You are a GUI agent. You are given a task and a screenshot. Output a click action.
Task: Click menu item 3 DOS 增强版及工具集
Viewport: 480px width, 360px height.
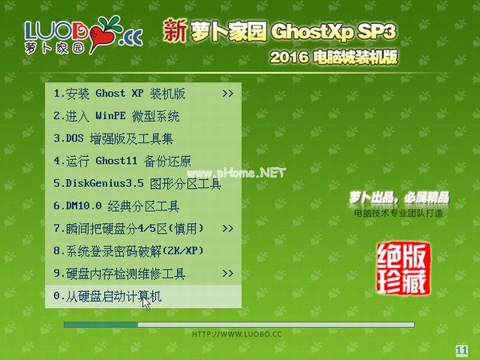[x=120, y=138]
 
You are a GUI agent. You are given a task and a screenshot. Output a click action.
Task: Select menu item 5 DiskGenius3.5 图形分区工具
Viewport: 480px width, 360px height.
[x=137, y=183]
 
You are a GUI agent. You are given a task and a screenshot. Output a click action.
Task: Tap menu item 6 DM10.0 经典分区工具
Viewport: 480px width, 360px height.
[x=116, y=206]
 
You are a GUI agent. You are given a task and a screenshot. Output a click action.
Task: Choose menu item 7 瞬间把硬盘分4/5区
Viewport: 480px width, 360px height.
[x=128, y=228]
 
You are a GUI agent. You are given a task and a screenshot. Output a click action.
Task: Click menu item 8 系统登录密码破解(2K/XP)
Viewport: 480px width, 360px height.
[x=128, y=250]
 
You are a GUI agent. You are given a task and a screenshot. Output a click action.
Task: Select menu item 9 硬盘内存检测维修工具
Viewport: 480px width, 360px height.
[x=119, y=274]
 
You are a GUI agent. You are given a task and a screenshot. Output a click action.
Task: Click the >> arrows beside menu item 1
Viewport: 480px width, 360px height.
[x=228, y=94]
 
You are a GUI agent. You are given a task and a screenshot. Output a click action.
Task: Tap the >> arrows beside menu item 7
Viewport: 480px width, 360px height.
[x=228, y=228]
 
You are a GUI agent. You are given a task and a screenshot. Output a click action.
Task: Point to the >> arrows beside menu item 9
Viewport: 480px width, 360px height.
[x=228, y=274]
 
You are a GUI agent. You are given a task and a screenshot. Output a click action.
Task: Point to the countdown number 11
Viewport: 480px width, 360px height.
[x=462, y=350]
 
